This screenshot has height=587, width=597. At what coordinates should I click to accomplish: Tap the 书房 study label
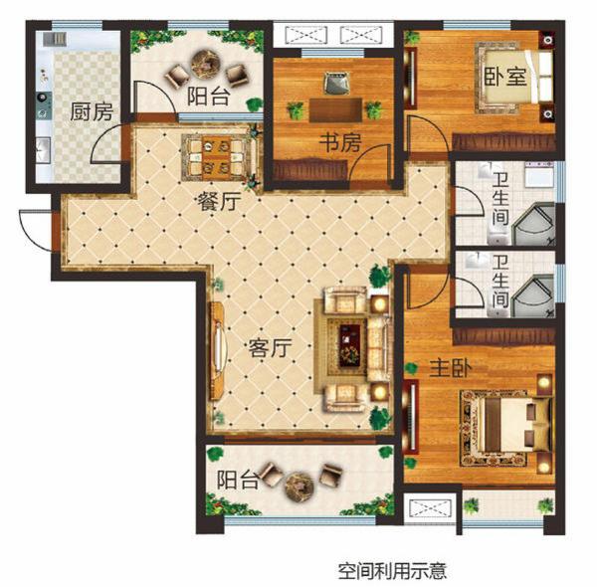coord(338,142)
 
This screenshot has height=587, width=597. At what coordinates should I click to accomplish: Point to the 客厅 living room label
coord(268,349)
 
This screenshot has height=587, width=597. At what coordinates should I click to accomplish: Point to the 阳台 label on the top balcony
coord(208,97)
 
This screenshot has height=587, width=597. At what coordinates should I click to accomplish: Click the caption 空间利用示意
coord(391,571)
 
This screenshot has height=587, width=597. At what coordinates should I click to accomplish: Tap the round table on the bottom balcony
coord(298,487)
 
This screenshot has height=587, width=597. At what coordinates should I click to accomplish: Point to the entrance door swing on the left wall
coord(33,230)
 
